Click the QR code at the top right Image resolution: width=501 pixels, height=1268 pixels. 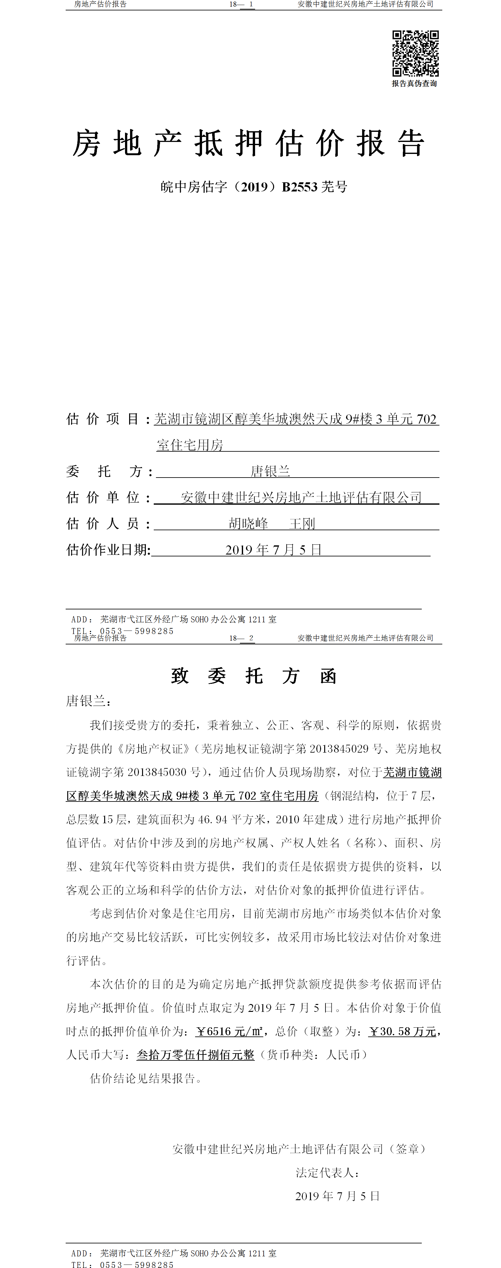pyautogui.click(x=415, y=53)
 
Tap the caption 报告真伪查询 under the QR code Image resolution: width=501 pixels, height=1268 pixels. pyautogui.click(x=414, y=84)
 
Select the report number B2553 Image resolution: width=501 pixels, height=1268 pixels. pyautogui.click(x=300, y=187)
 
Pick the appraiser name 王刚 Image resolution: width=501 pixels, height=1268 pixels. pyautogui.click(x=302, y=524)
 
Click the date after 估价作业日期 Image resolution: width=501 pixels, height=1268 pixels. pyautogui.click(x=273, y=550)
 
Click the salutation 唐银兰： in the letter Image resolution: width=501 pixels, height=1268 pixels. pyautogui.click(x=89, y=701)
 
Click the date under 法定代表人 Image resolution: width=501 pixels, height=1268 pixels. pyautogui.click(x=337, y=1196)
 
